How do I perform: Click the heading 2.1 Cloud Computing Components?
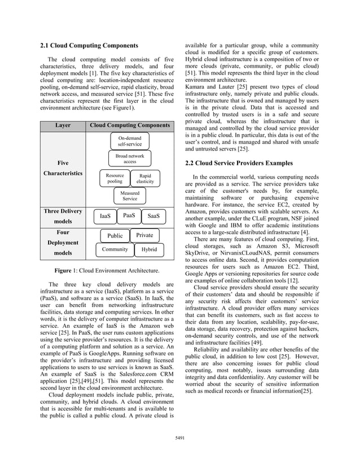(89, 45)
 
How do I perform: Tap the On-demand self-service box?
(129, 141)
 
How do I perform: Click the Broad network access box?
(129, 159)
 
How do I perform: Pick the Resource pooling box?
(115, 179)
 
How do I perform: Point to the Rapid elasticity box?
(145, 179)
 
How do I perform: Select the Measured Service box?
(129, 196)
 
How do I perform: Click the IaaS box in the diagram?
(105, 216)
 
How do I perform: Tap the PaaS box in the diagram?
(129, 216)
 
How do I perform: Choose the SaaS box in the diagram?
(153, 216)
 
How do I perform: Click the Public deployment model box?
(115, 236)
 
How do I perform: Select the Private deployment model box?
(144, 235)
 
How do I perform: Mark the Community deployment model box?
(115, 249)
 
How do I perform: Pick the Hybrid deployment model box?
(149, 249)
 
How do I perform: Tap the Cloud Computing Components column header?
(130, 125)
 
